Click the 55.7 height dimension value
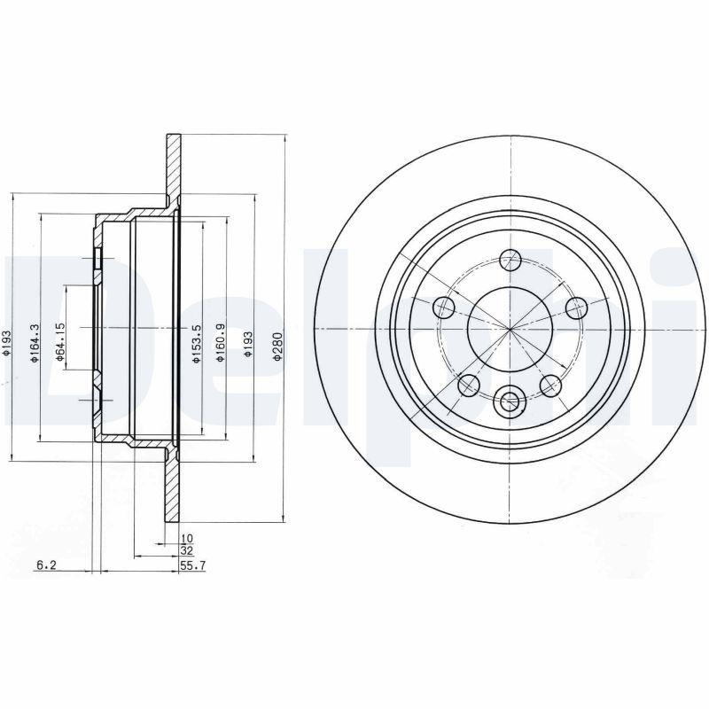(192, 565)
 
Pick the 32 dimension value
(186, 551)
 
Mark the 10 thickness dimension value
(186, 538)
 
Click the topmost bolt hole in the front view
(510, 260)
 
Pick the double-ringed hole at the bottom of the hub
(510, 401)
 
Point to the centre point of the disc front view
(510, 329)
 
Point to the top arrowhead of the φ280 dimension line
(284, 138)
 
